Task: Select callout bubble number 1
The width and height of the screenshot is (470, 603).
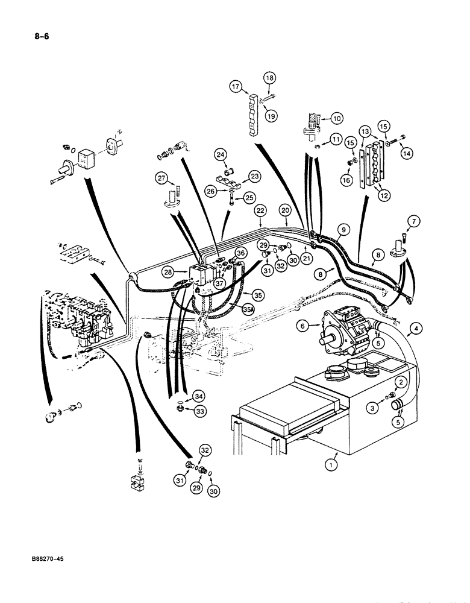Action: point(330,464)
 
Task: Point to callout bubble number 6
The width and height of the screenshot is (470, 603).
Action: point(304,325)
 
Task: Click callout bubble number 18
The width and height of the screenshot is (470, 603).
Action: point(269,78)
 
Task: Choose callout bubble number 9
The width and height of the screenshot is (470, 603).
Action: point(343,229)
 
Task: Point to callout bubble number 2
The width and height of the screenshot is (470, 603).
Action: point(398,382)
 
